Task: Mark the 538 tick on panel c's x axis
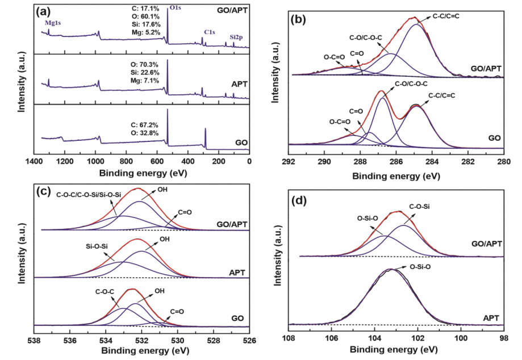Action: coord(34,341)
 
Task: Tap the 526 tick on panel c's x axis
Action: coord(250,341)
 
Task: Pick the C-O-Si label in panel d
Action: coord(421,207)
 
